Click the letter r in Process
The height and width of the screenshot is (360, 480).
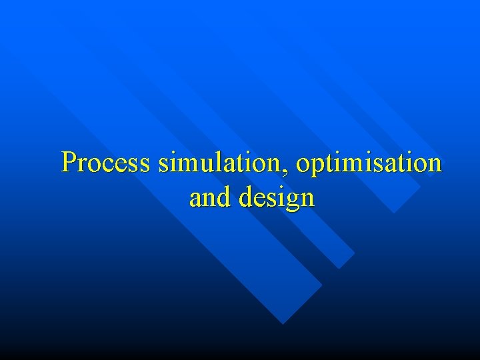pos(83,165)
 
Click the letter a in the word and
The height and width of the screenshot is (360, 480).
pos(195,199)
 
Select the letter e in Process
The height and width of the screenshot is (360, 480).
pos(122,165)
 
